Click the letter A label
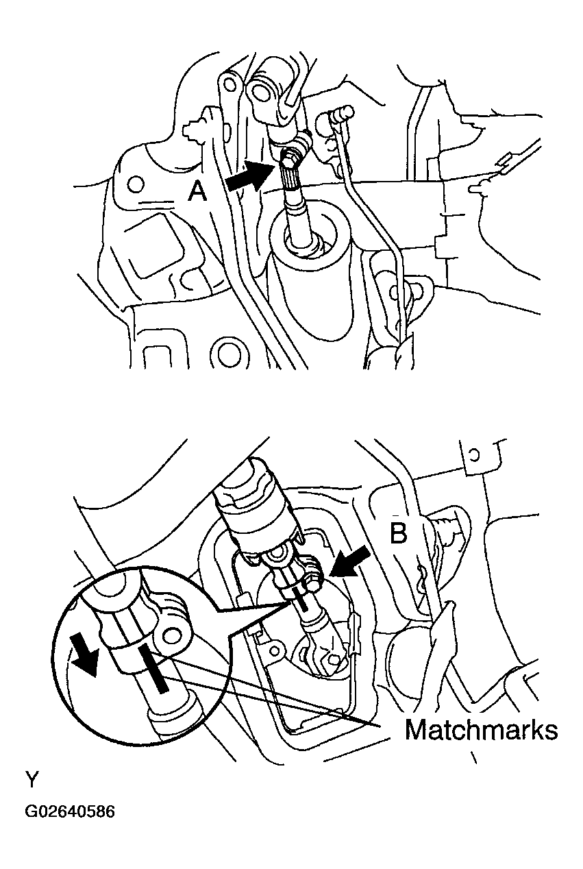[x=197, y=193]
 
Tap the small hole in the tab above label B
[x=473, y=454]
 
